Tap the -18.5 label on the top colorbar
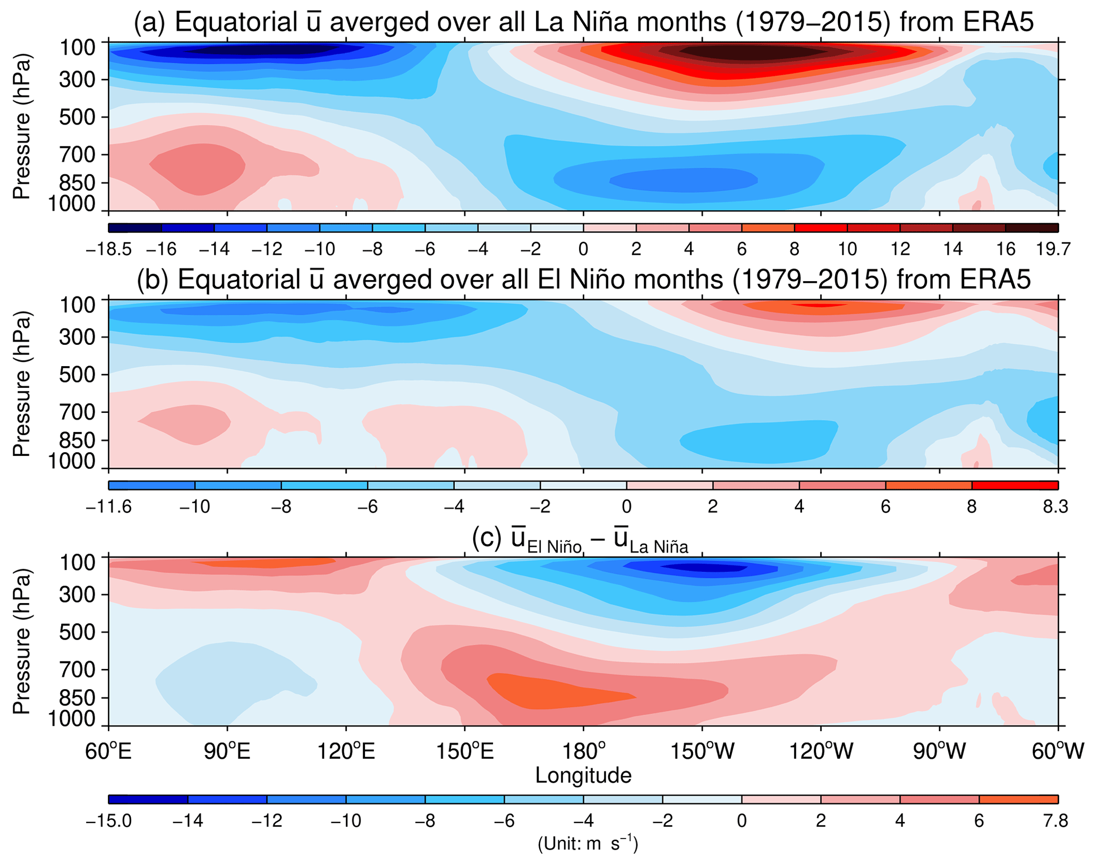pyautogui.click(x=109, y=249)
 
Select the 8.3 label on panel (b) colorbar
pyautogui.click(x=1055, y=506)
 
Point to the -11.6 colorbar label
pyautogui.click(x=109, y=506)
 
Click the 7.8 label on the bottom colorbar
pyautogui.click(x=1055, y=821)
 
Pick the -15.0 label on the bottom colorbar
pyautogui.click(x=109, y=821)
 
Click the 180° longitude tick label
pyautogui.click(x=583, y=751)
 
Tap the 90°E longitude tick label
pyautogui.click(x=227, y=751)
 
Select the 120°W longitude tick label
pyautogui.click(x=821, y=751)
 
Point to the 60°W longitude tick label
pyautogui.click(x=1057, y=751)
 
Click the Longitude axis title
pyautogui.click(x=583, y=775)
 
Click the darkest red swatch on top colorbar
pyautogui.click(x=1032, y=228)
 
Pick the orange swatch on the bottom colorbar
pyautogui.click(x=1018, y=800)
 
